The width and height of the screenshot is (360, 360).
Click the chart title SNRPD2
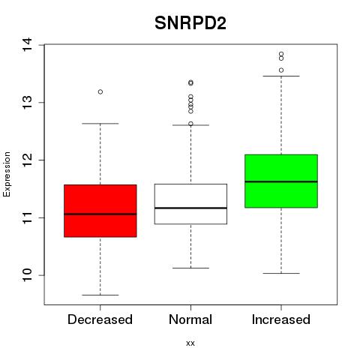pos(190,23)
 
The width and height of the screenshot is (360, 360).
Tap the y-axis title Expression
pos(7,174)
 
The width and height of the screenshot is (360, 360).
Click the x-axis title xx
pos(190,343)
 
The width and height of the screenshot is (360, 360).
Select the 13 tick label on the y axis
pos(27,103)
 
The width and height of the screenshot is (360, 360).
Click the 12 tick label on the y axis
pos(27,160)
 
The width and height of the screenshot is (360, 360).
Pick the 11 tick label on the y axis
pos(27,217)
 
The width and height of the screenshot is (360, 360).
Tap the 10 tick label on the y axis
pos(27,275)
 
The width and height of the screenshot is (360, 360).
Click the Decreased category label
pos(100,319)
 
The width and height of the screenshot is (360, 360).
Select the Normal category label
pos(190,319)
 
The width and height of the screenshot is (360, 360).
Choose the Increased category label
pos(281,319)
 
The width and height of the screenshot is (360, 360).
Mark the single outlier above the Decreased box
pos(100,91)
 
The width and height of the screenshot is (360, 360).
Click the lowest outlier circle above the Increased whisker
pos(281,70)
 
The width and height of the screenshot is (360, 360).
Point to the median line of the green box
pos(281,181)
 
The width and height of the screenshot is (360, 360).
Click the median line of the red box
pos(100,214)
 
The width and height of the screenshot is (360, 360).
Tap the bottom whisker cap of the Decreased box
pos(100,295)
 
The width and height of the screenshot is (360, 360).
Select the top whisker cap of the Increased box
pos(281,76)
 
